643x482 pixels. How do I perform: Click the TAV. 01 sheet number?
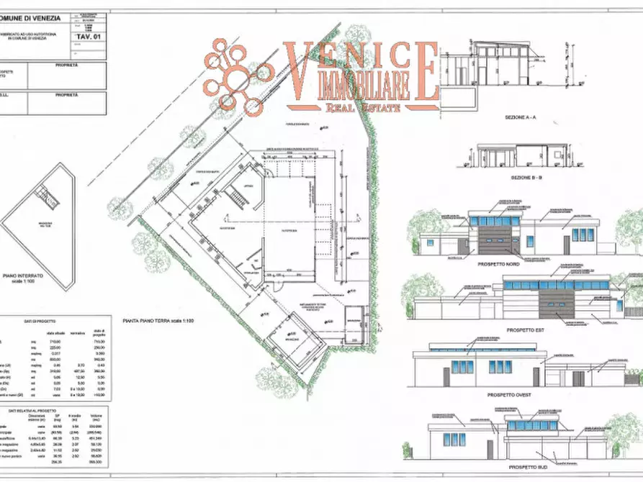(86, 34)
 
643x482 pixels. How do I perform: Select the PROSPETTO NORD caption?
(498, 264)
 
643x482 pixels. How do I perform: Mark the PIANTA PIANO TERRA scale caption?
(159, 319)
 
